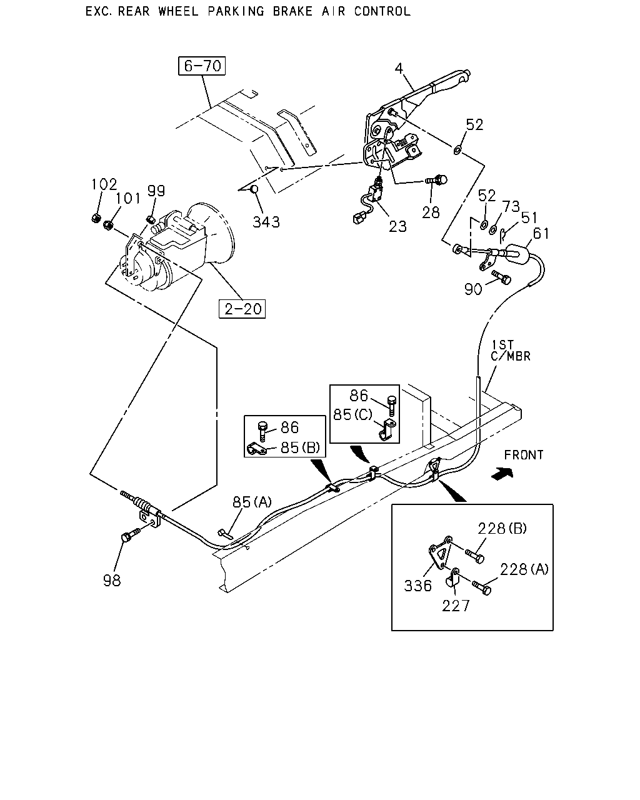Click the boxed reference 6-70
[202, 66]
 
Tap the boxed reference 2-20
[242, 309]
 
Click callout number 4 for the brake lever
[399, 68]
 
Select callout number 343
[266, 222]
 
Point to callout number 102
[104, 184]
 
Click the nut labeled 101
[108, 225]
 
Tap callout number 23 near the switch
[397, 226]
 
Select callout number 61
[541, 234]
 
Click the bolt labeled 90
[501, 277]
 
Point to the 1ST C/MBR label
[510, 350]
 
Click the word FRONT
[524, 454]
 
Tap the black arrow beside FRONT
[502, 473]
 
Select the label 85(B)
[300, 447]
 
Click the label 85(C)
[352, 414]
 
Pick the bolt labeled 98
[131, 536]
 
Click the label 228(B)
[502, 528]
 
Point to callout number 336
[417, 586]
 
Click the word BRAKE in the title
[292, 11]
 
